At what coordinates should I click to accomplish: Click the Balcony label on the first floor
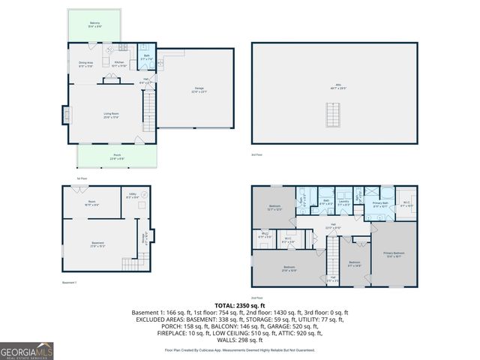[x=95, y=25]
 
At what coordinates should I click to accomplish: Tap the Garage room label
[x=199, y=90]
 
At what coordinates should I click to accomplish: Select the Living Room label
[x=112, y=115]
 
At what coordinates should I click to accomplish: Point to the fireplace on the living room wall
[x=67, y=115]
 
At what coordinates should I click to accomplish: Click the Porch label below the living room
[x=117, y=156]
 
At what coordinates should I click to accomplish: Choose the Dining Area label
[x=86, y=64]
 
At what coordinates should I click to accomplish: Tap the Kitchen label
[x=119, y=64]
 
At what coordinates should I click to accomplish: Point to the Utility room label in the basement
[x=132, y=196]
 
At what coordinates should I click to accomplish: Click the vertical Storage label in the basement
[x=143, y=237]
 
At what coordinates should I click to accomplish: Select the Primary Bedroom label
[x=393, y=254]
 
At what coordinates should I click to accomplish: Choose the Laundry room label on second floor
[x=343, y=201]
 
